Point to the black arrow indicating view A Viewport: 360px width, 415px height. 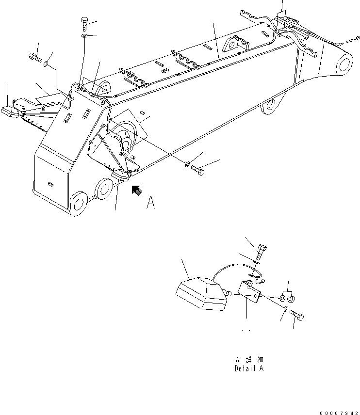[137, 191]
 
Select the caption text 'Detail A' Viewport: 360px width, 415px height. [249, 368]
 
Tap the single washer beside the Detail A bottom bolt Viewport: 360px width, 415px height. [286, 309]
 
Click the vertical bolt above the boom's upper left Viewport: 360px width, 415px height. [85, 24]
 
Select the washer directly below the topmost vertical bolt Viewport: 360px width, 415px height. [84, 36]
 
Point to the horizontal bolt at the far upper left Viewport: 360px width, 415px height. [35, 58]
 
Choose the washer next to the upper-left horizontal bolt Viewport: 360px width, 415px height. [46, 64]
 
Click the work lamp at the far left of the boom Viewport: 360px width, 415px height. [10, 112]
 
